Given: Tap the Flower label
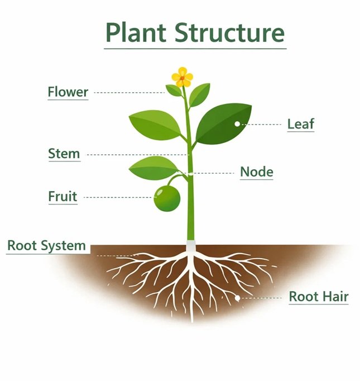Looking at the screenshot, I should point(68,92).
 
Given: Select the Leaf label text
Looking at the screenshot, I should point(301,123).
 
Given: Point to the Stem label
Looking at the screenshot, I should point(64,154).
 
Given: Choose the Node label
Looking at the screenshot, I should point(256,172).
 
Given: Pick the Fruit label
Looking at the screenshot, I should point(62,197).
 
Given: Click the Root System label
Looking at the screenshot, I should point(46,245).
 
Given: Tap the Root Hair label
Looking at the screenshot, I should point(318,297).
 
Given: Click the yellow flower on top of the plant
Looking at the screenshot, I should point(182,77).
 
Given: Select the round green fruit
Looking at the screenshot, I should point(168,198).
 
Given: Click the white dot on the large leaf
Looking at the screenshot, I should point(237,123).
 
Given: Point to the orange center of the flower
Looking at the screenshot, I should point(182,77).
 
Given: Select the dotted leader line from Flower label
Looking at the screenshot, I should point(128,92).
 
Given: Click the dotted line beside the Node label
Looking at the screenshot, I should point(215,173).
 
